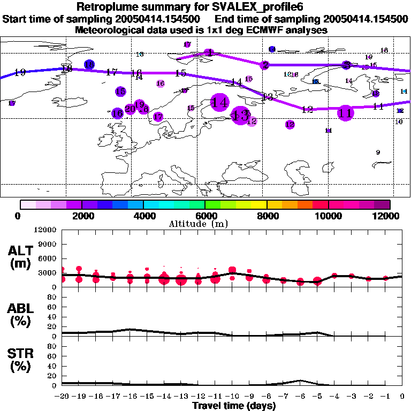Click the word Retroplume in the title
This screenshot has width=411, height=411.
pos(108,7)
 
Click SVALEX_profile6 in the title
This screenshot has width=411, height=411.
pos(256,7)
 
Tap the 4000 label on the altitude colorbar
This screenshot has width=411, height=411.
pos(143,216)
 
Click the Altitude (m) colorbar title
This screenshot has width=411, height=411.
pos(205,224)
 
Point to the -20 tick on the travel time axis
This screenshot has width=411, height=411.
pos(63,397)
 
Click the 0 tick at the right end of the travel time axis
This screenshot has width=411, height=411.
pos(402,397)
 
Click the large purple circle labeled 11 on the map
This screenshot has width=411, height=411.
pos(346,113)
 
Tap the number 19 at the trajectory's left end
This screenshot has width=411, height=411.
pos(20,72)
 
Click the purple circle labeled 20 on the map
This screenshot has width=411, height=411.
pos(130,109)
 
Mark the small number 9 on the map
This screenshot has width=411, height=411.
pos(378,153)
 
